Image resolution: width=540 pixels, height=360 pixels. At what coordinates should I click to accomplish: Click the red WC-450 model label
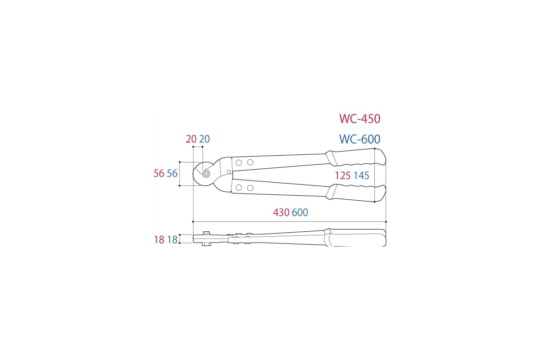pyautogui.click(x=360, y=119)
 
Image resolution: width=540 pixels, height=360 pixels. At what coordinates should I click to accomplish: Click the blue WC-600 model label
pyautogui.click(x=360, y=139)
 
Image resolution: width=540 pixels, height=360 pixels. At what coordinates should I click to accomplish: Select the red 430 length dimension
pyautogui.click(x=281, y=213)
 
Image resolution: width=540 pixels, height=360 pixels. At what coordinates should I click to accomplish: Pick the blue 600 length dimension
pyautogui.click(x=300, y=213)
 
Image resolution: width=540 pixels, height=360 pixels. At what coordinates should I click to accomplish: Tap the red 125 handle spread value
pyautogui.click(x=342, y=176)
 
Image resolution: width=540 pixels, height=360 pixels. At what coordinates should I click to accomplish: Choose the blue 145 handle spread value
pyautogui.click(x=361, y=176)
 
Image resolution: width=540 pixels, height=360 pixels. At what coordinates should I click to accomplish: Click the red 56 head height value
pyautogui.click(x=159, y=174)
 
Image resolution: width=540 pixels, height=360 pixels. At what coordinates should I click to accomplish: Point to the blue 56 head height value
pyautogui.click(x=172, y=174)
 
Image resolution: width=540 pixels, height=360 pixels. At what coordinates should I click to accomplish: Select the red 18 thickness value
pyautogui.click(x=159, y=240)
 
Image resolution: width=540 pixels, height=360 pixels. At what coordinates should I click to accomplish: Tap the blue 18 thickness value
pyautogui.click(x=172, y=240)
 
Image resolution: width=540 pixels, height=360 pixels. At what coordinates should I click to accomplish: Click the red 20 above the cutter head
pyautogui.click(x=191, y=139)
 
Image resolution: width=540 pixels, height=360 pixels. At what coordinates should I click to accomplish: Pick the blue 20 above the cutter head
pyautogui.click(x=205, y=139)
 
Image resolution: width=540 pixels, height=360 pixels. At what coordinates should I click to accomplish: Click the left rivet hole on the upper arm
pyautogui.click(x=239, y=162)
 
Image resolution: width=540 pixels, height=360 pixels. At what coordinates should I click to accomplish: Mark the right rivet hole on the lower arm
pyautogui.click(x=250, y=187)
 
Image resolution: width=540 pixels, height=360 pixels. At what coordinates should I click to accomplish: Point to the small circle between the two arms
pyautogui.click(x=229, y=171)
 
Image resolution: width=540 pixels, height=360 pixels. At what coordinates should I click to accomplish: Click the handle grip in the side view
pyautogui.click(x=355, y=238)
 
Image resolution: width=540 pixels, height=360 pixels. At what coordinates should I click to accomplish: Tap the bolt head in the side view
pyautogui.click(x=207, y=233)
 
